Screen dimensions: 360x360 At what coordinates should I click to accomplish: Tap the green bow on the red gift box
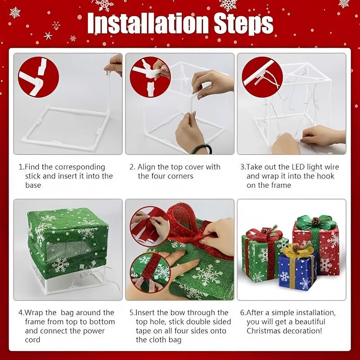pos(316,222)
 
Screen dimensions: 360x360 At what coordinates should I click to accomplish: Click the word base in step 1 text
pos(33,185)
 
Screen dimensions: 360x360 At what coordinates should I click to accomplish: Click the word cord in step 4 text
pos(33,340)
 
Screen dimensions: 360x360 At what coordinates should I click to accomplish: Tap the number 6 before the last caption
pos(243,313)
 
